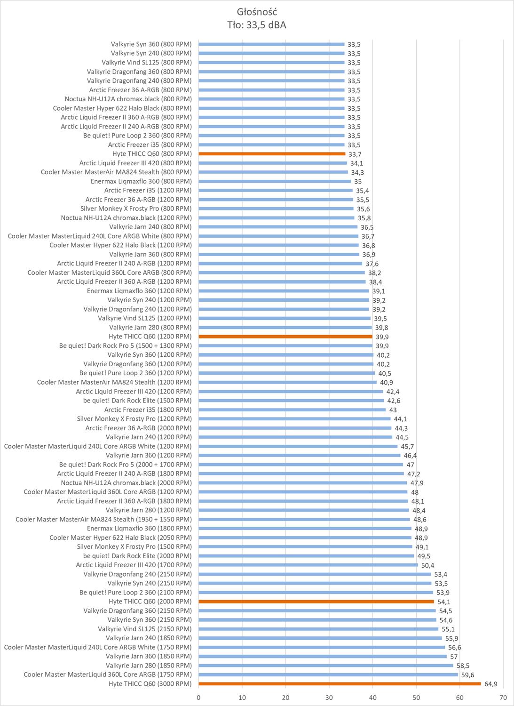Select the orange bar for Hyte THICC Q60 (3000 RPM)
coord(340,683)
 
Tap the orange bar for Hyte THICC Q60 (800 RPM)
coord(272,154)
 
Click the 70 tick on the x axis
coord(503,697)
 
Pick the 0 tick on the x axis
coord(198,697)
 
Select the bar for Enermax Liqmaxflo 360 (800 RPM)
coord(275,181)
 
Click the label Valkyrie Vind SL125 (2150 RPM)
coord(145,629)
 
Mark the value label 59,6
coord(467,674)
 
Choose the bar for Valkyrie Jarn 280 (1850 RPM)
coord(325,666)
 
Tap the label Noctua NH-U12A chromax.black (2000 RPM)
coord(127,482)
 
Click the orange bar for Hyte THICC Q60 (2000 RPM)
coord(316,602)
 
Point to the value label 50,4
coord(427,565)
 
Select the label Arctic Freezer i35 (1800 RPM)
coord(148,409)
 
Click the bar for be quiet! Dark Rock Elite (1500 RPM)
coord(291,401)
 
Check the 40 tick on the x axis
coord(372,697)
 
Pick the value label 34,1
coord(356,163)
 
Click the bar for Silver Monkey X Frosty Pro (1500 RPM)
coord(305,546)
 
